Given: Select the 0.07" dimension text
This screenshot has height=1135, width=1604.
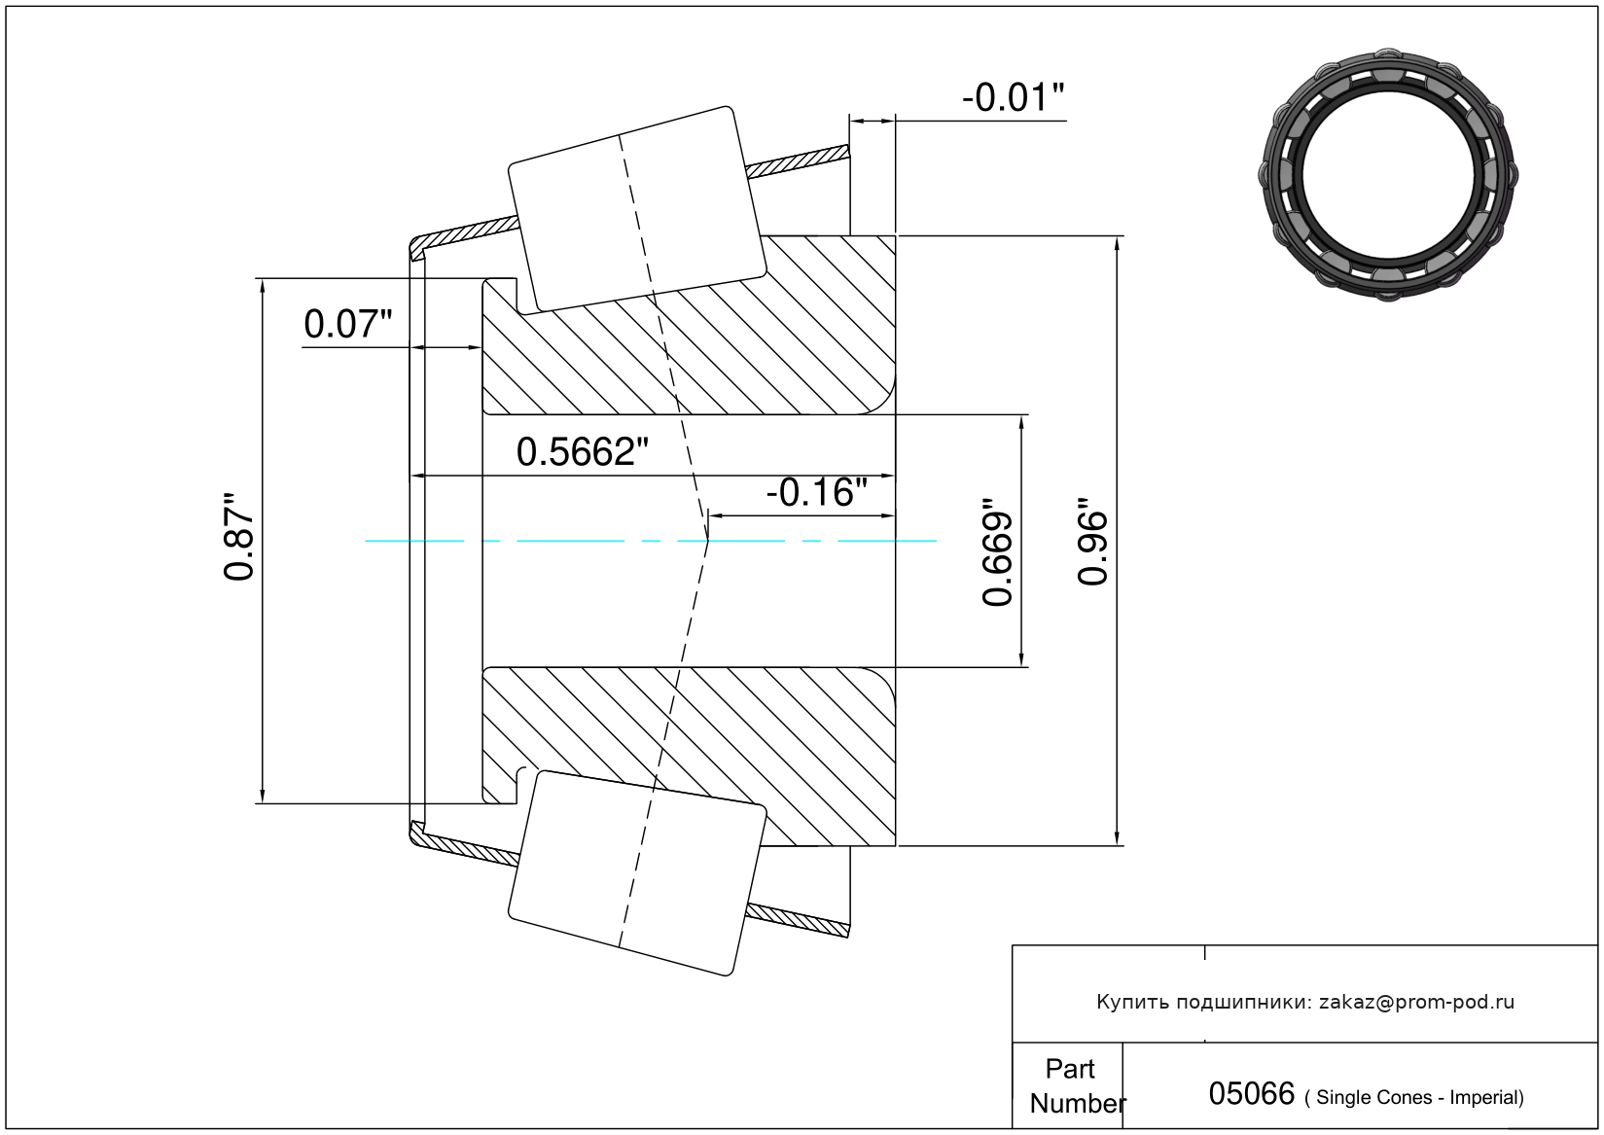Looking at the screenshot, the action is pyautogui.click(x=348, y=324).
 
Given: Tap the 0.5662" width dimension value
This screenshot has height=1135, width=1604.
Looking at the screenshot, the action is pyautogui.click(x=582, y=452).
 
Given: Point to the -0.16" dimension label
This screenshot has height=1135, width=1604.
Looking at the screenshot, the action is pyautogui.click(x=816, y=492).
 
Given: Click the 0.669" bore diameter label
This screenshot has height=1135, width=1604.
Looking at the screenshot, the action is pyautogui.click(x=997, y=551).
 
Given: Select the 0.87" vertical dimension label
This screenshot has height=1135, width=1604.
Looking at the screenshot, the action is pyautogui.click(x=238, y=537).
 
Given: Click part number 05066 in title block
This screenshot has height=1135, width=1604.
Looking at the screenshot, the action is pyautogui.click(x=1252, y=1093).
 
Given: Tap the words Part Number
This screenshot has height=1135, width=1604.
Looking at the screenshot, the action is pyautogui.click(x=1077, y=1085).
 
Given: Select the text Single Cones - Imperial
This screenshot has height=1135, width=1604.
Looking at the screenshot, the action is pyautogui.click(x=1414, y=1097).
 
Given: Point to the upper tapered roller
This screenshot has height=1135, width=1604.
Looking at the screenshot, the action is pyautogui.click(x=637, y=210).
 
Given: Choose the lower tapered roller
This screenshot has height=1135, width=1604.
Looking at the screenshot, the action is pyautogui.click(x=637, y=873).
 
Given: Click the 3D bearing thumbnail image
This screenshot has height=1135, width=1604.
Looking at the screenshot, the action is pyautogui.click(x=1388, y=175).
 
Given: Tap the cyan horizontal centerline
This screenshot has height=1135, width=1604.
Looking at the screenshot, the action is pyautogui.click(x=651, y=541).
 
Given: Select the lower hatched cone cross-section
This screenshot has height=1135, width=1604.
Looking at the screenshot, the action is pyautogui.click(x=689, y=757).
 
